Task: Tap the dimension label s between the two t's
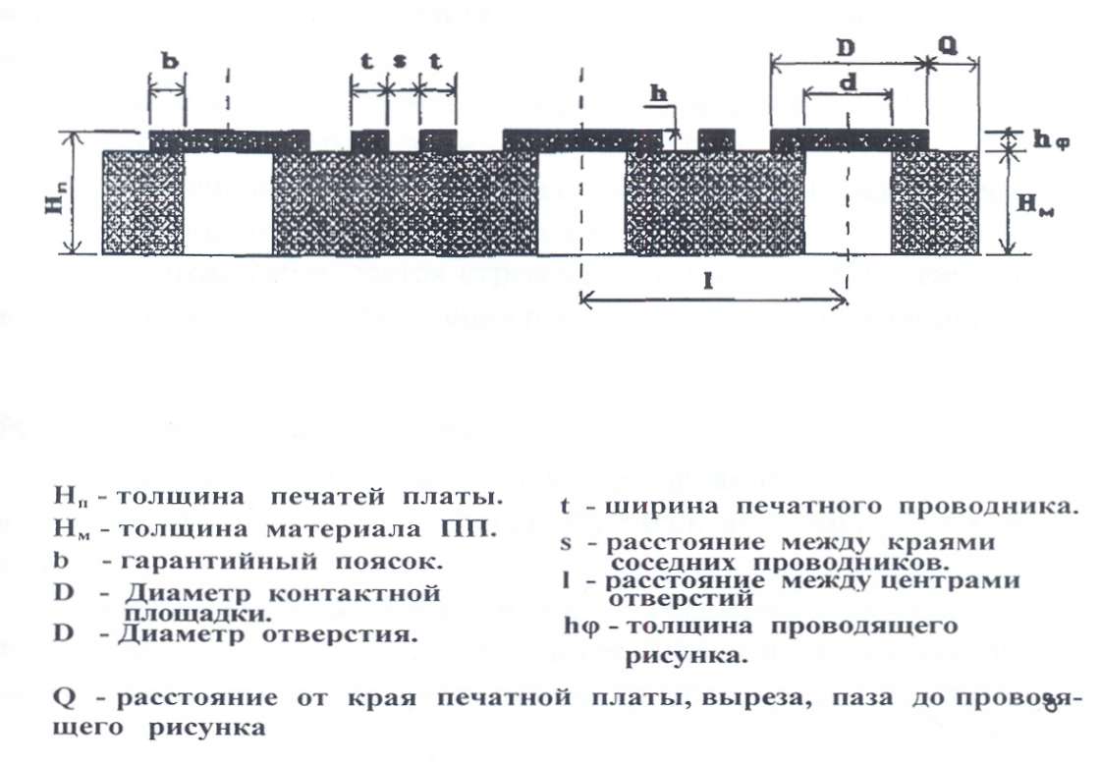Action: coord(400,61)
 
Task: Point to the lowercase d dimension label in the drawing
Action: coord(847,84)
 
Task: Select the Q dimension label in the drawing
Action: coord(948,44)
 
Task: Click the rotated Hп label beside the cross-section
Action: coord(56,194)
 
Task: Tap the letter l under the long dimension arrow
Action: coord(706,281)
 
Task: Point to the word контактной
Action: coord(372,594)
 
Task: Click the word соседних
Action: coord(673,564)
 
